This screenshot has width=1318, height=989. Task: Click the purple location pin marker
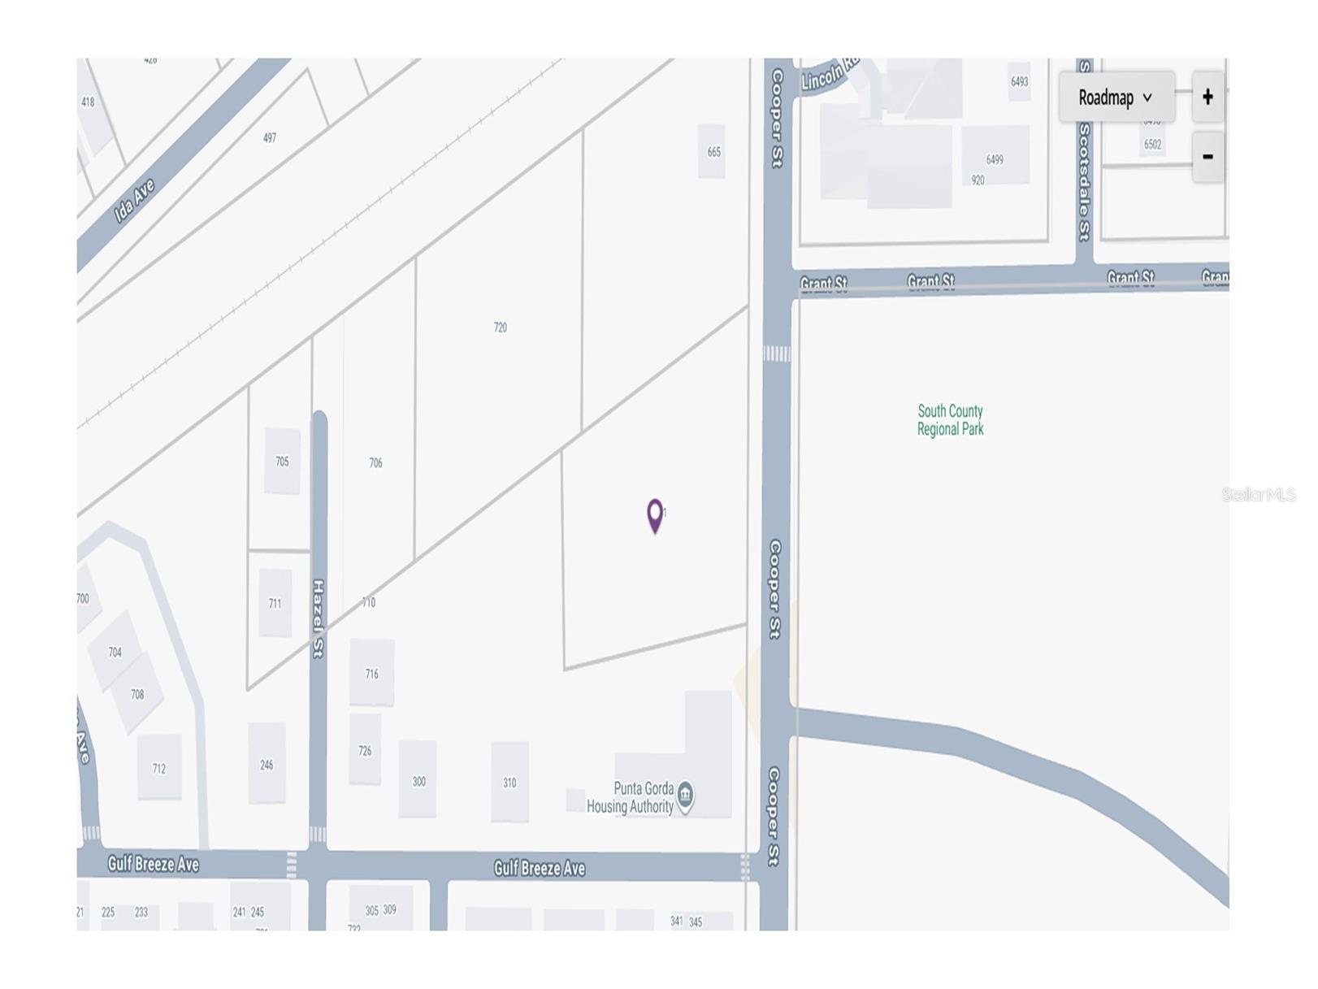point(654,514)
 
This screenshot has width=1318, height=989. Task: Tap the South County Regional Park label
point(950,420)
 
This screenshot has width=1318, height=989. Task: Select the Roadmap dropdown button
point(1116,98)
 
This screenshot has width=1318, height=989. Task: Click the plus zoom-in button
point(1207,98)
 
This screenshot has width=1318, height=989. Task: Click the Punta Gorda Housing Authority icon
point(685,794)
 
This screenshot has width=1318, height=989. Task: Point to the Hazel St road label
point(319,618)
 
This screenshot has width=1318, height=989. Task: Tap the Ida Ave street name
point(134,201)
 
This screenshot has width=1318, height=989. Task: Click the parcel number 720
point(500,327)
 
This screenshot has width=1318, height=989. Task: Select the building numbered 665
point(713,152)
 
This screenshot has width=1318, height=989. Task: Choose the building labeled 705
point(282,462)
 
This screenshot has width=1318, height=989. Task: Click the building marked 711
point(275,604)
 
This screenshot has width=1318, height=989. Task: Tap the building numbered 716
point(371,674)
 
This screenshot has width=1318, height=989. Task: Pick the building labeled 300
point(418,781)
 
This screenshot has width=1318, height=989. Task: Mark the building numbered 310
point(509,783)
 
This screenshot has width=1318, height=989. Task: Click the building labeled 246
point(267,765)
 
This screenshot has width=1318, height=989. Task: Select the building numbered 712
point(158,768)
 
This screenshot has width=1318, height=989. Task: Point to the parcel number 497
point(270,137)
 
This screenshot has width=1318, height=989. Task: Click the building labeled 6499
point(995,159)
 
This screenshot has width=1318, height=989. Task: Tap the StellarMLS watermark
point(1258,494)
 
